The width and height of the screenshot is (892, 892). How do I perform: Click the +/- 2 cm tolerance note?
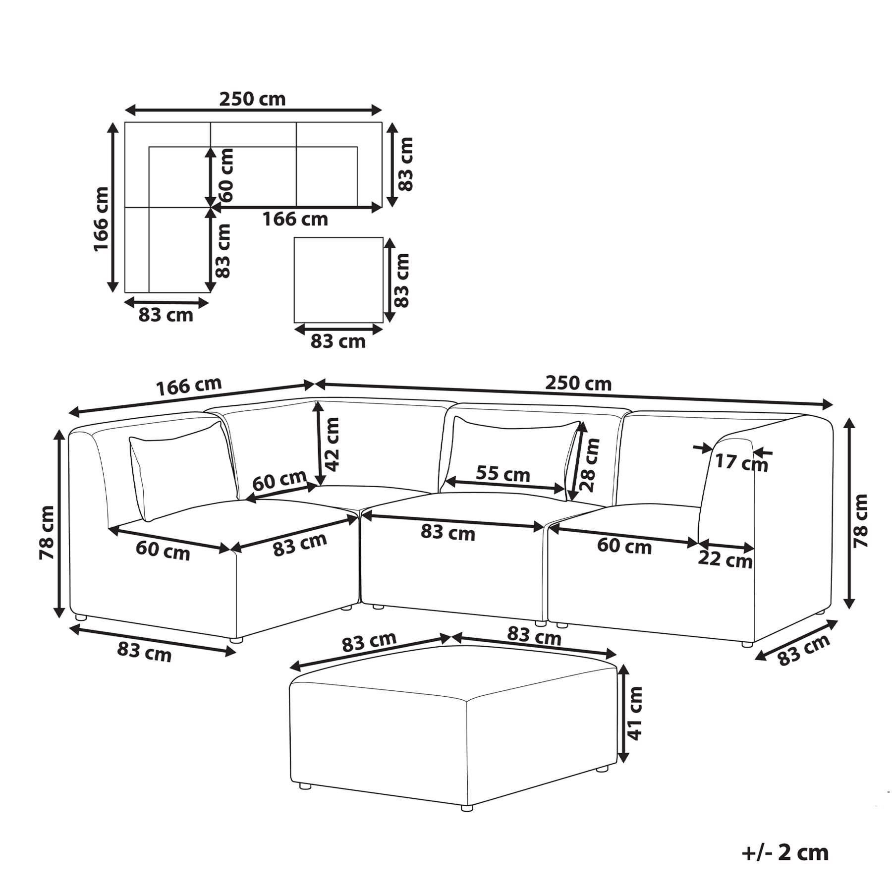(785, 853)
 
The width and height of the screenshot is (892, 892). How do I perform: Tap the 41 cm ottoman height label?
(635, 713)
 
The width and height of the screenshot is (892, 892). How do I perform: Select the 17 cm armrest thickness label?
(741, 462)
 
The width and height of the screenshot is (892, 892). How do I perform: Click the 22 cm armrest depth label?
(725, 559)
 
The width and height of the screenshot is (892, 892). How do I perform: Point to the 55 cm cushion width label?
(503, 474)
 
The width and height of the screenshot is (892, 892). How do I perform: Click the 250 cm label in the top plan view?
(253, 99)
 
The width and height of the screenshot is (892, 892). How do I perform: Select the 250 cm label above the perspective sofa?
(578, 383)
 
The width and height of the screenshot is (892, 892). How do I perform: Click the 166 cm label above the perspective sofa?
(189, 387)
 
